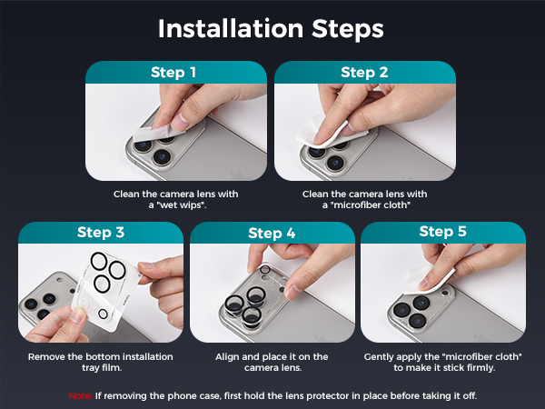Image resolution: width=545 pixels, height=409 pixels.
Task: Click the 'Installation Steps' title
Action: click(x=271, y=29)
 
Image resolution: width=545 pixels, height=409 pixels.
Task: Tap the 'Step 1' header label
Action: click(x=173, y=73)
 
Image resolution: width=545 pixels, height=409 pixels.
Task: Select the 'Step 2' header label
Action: click(x=364, y=73)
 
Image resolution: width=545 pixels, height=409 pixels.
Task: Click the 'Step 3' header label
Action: click(x=101, y=233)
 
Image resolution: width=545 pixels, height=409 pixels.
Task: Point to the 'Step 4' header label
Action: click(x=272, y=233)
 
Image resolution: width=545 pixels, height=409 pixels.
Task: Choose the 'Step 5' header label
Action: click(x=443, y=231)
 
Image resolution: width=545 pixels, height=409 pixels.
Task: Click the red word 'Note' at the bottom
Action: click(x=80, y=395)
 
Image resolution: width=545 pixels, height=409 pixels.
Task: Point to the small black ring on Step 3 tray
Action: click(x=103, y=314)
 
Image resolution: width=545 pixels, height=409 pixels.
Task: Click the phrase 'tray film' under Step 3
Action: click(x=102, y=368)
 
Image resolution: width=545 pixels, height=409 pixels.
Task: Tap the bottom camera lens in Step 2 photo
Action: click(x=335, y=163)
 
